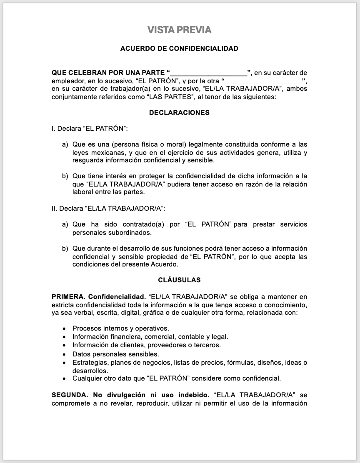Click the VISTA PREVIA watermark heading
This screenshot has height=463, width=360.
coord(180,30)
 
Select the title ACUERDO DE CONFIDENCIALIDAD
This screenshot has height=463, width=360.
coord(179,49)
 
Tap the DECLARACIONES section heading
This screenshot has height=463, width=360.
coord(179,113)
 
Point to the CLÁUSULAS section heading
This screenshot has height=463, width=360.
coord(179,280)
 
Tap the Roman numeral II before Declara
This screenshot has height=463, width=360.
coord(53,208)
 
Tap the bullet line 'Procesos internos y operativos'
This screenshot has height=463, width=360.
coord(120,329)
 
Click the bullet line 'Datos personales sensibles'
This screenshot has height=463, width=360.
coord(115,354)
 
